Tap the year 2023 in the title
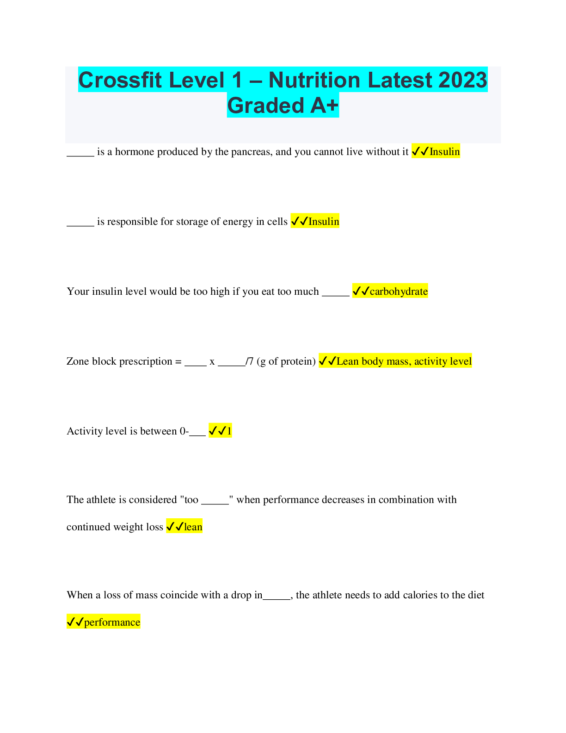[x=463, y=80]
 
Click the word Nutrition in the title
[x=314, y=80]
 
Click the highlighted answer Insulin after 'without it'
[x=444, y=152]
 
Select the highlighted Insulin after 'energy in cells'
[x=324, y=222]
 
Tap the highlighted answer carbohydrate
[x=399, y=291]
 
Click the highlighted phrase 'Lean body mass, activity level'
[x=404, y=361]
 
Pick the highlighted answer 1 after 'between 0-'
[x=229, y=431]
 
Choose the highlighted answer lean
[x=193, y=527]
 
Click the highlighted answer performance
[x=112, y=622]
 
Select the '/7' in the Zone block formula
[x=249, y=361]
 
